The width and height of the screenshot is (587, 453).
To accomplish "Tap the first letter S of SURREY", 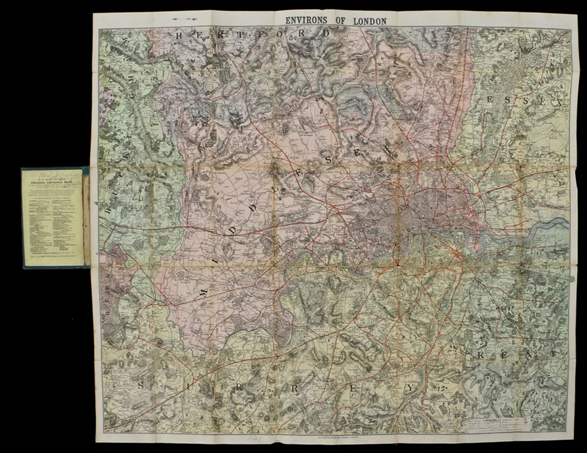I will (x=141, y=385).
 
